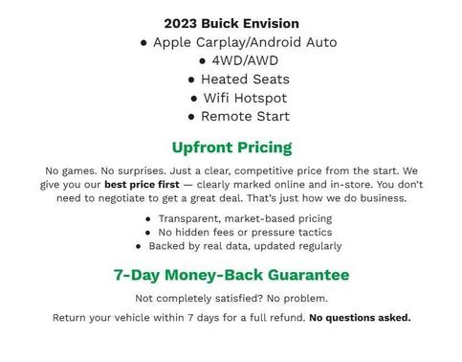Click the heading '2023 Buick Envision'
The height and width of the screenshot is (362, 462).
(x=231, y=23)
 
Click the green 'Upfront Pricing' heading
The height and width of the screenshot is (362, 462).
(x=231, y=147)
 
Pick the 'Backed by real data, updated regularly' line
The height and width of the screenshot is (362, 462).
(x=238, y=245)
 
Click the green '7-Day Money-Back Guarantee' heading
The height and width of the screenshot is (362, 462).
(x=231, y=275)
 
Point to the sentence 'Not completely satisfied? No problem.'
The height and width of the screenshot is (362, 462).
(x=231, y=298)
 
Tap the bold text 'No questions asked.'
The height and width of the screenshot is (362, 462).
(x=360, y=317)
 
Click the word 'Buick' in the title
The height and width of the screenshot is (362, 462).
(x=221, y=23)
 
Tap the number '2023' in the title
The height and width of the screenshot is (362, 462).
(x=181, y=23)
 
